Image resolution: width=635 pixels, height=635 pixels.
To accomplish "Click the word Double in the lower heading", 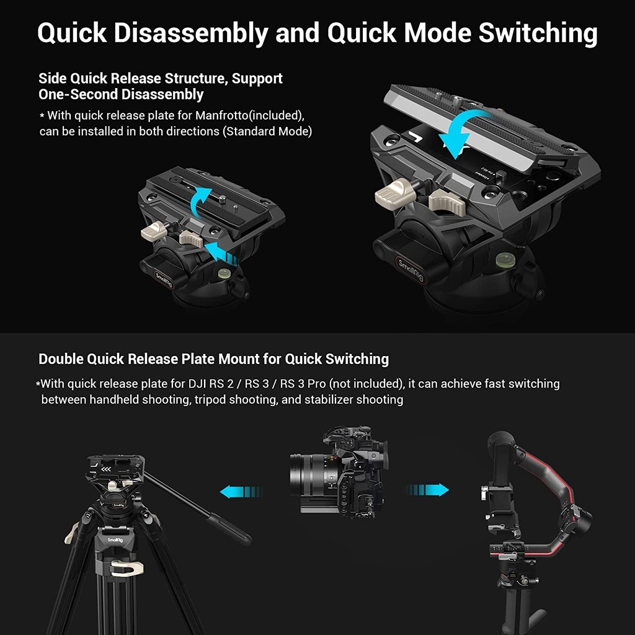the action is click(61, 359).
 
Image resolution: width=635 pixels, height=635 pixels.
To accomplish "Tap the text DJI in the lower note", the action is click(197, 383).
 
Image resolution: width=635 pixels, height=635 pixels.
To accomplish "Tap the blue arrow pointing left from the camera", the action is click(241, 491).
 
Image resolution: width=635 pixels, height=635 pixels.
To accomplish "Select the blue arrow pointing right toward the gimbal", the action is click(427, 490).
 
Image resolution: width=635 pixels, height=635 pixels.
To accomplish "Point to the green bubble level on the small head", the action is click(223, 273).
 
